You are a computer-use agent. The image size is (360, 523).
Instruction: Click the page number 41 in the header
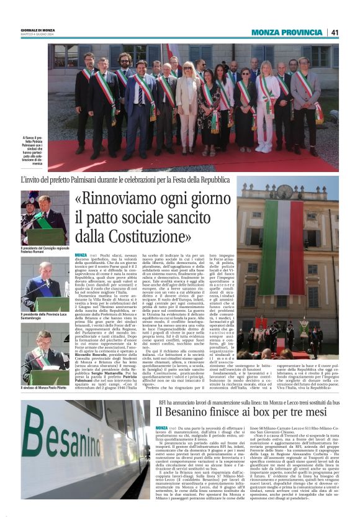(335, 32)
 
